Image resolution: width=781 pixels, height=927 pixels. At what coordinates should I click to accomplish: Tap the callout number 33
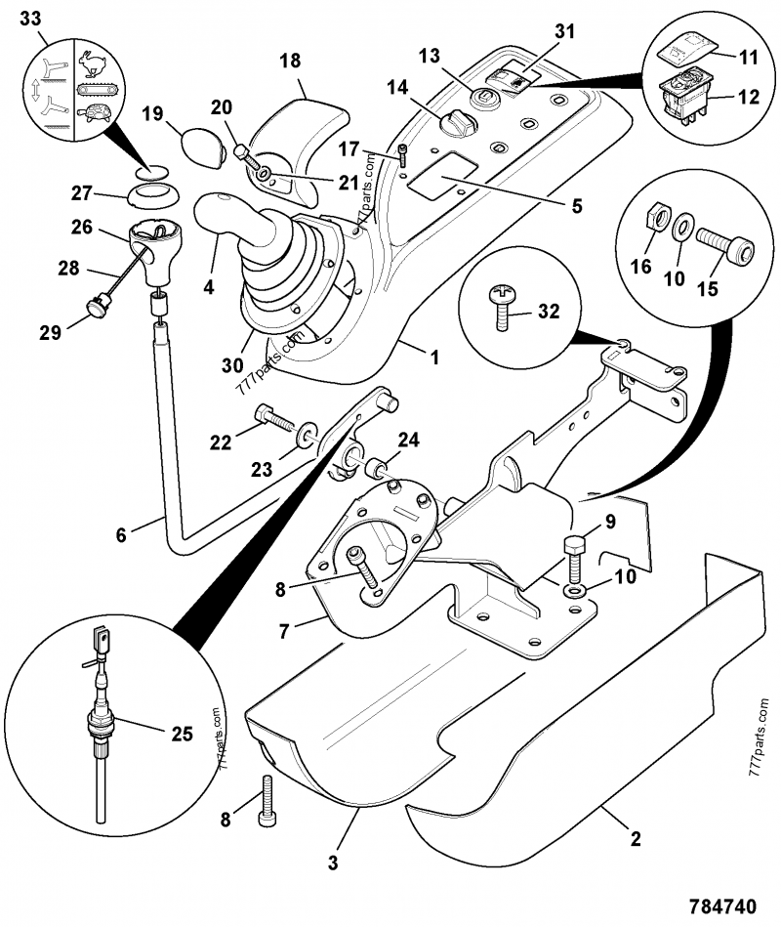pos(31,17)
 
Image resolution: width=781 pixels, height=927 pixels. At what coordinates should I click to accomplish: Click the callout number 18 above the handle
pos(290,61)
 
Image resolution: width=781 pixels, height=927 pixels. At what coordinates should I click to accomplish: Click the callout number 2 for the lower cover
pos(635,838)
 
